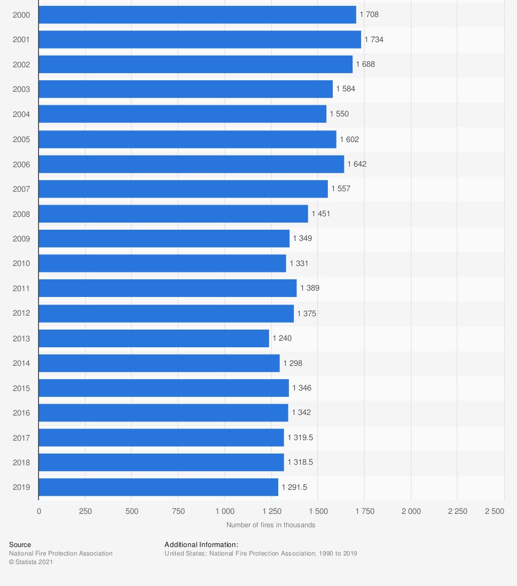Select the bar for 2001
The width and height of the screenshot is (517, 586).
click(200, 40)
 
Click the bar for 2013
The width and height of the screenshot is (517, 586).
click(154, 338)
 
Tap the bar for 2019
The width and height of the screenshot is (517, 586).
click(158, 487)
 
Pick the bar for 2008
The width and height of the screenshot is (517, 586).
click(173, 214)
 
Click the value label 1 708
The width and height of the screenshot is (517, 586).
click(369, 14)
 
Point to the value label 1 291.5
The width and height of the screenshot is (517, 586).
click(294, 487)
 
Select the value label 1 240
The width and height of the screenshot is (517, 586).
click(282, 338)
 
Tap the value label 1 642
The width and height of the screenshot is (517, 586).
click(357, 164)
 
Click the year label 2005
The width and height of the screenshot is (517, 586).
click(21, 139)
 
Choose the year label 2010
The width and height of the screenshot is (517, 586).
click(21, 263)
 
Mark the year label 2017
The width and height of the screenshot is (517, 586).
click(21, 438)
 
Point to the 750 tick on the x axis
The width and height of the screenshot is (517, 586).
click(178, 511)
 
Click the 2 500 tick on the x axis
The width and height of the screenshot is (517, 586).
click(494, 511)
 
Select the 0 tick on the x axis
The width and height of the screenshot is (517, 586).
click(38, 511)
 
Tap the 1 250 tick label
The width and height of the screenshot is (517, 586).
click(271, 511)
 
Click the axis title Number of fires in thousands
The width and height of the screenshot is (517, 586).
click(271, 525)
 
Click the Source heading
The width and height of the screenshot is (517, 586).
click(20, 545)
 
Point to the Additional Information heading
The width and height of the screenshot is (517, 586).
click(201, 545)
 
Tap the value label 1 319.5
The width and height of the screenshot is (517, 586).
click(300, 437)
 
